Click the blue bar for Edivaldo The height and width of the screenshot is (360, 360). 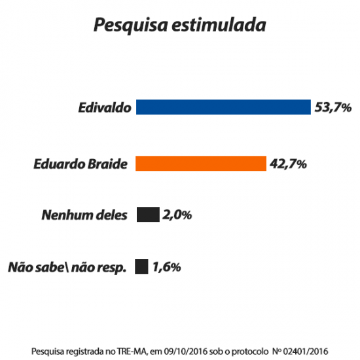[x=223, y=107]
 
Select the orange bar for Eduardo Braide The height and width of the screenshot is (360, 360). [x=200, y=164]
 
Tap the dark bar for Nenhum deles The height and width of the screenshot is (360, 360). [x=148, y=215]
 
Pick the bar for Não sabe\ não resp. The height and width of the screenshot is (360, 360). [x=141, y=266]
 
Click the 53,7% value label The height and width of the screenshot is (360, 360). [x=334, y=107]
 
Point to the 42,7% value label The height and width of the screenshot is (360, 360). [x=288, y=164]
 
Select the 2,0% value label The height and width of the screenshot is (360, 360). [x=177, y=215]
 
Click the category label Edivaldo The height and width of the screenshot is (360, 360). [x=104, y=107]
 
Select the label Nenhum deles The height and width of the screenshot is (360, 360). [x=84, y=215]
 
